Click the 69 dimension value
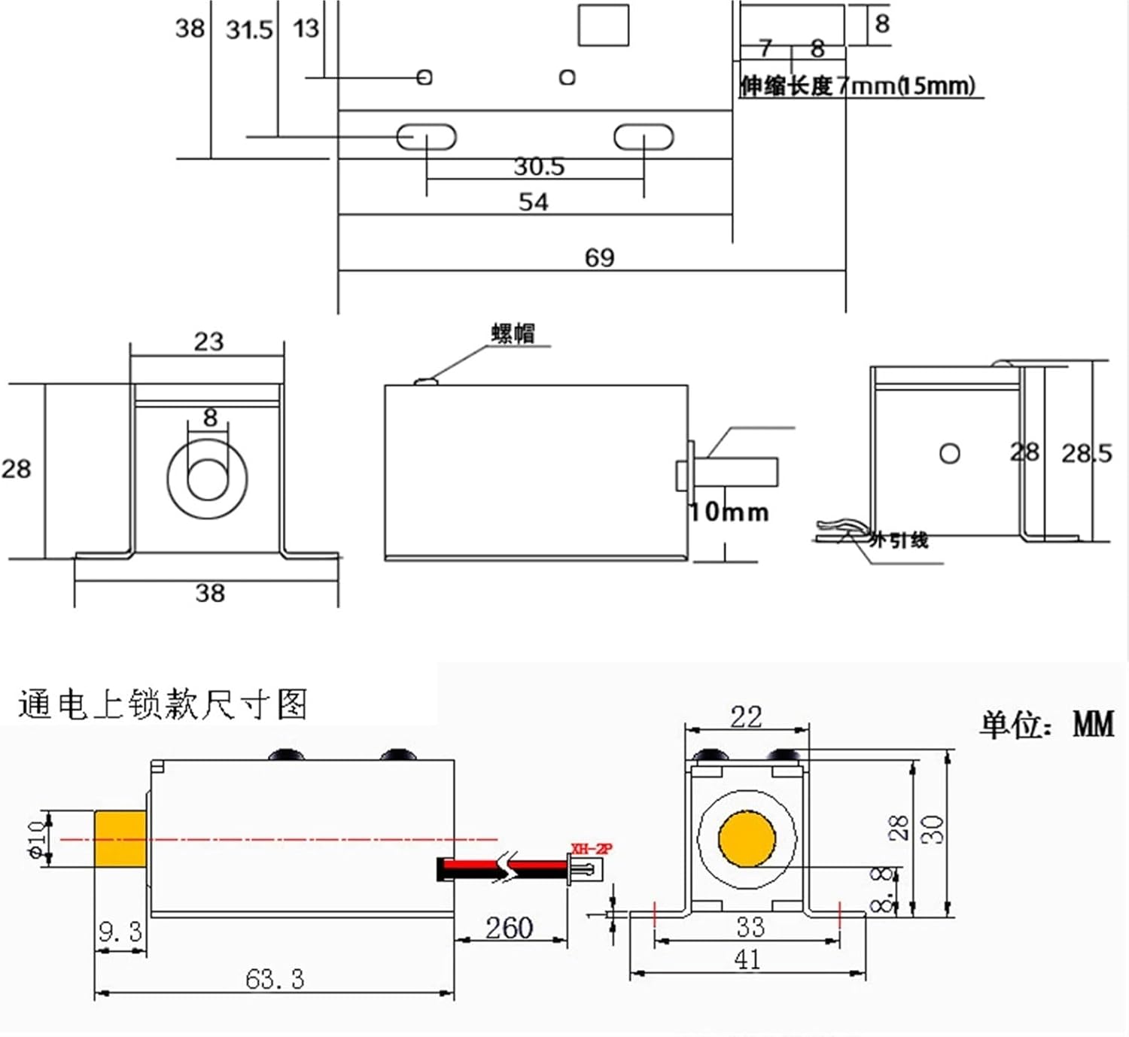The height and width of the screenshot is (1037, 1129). click(x=600, y=258)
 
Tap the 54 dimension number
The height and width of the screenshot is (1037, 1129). click(x=534, y=202)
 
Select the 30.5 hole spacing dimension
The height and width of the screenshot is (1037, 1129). click(x=539, y=166)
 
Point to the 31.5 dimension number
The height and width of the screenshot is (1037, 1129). click(x=249, y=30)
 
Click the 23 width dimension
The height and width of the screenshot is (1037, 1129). click(x=208, y=342)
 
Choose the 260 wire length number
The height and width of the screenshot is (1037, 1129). click(x=509, y=928)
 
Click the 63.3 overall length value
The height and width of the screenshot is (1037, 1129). click(x=275, y=979)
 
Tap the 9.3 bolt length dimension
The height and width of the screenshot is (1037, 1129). click(x=120, y=932)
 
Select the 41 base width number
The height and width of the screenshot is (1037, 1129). click(x=747, y=959)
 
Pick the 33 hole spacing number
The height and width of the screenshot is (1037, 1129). click(x=750, y=926)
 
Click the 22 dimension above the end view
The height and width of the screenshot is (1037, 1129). click(x=746, y=716)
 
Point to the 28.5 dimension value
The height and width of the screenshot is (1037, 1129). click(x=1086, y=453)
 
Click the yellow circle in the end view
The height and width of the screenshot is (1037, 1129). click(x=747, y=839)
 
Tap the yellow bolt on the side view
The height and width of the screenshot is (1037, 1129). click(x=120, y=838)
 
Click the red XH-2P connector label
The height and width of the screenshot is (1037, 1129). click(x=592, y=849)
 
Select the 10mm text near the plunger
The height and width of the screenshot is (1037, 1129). click(x=730, y=512)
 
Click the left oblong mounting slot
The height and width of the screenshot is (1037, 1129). click(x=426, y=138)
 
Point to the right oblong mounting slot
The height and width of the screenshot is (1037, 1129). click(x=644, y=138)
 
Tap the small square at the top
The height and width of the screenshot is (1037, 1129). click(x=603, y=25)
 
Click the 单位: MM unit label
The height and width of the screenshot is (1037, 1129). click(x=1047, y=724)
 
